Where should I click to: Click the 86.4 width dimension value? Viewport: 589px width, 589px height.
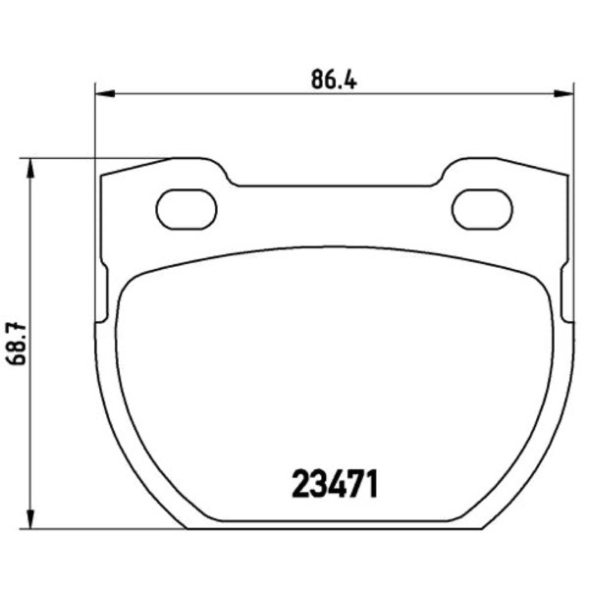tap(334, 80)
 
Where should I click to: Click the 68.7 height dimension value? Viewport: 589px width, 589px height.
tap(17, 344)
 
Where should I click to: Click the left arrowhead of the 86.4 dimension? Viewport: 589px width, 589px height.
tap(105, 93)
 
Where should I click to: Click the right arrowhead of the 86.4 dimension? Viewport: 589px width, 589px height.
tap(563, 93)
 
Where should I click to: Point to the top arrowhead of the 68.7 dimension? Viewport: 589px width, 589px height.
tap(30, 168)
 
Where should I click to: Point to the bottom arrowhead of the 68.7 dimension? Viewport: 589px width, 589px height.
tap(30, 519)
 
